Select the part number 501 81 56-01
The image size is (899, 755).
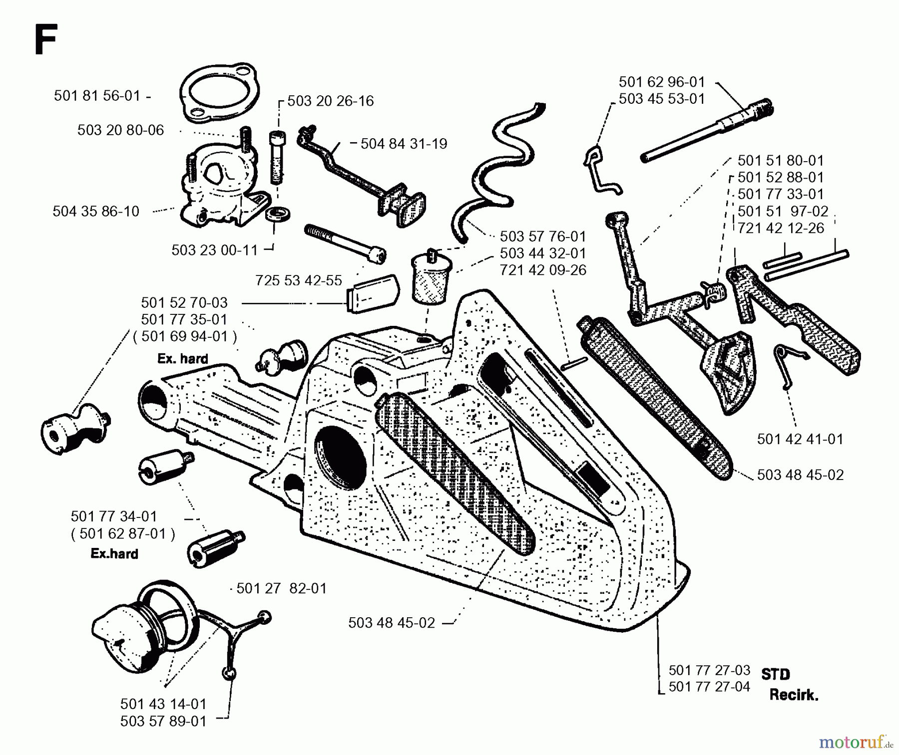97,95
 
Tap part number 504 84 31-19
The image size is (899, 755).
404,144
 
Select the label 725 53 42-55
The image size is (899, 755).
298,280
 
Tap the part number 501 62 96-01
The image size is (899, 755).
661,82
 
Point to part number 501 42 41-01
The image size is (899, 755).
800,439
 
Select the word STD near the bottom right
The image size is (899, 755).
775,675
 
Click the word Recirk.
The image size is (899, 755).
793,695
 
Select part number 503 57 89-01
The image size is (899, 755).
163,721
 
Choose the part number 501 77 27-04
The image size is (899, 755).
709,687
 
